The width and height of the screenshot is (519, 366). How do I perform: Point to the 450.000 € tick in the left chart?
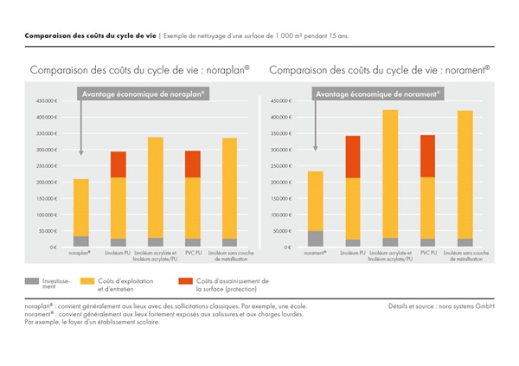click(x=46, y=101)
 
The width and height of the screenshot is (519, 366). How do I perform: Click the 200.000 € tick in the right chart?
click(x=282, y=183)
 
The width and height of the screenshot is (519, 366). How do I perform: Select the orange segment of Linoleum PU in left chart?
click(x=118, y=164)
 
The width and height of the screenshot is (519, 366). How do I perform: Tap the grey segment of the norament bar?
click(x=315, y=239)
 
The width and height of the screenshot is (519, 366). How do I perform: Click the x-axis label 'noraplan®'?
click(x=80, y=254)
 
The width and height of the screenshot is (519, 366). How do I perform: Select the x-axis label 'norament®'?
click(x=315, y=254)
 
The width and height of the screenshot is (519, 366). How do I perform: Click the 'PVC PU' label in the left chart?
click(x=192, y=254)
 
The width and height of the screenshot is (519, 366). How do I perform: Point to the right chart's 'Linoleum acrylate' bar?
click(x=390, y=173)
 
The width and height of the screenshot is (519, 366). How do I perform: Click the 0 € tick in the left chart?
click(x=53, y=247)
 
